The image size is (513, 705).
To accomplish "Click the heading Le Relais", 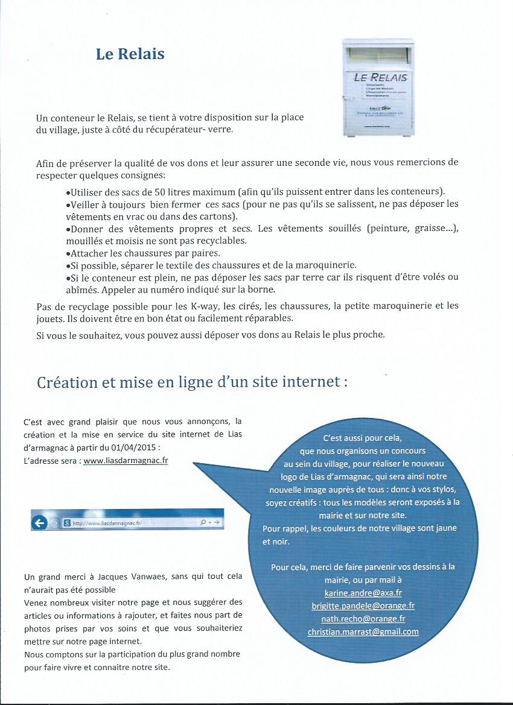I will (130, 54).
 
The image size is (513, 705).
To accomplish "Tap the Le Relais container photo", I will (378, 87).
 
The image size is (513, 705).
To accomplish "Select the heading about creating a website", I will (192, 382).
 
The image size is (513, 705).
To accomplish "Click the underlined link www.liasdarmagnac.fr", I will (126, 460).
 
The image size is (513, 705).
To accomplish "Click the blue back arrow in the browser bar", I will (40, 523).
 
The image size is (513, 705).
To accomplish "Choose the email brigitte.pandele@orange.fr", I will (363, 605).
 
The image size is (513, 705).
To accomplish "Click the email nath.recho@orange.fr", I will (363, 619).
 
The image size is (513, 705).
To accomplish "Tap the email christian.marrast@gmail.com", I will (363, 632).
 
